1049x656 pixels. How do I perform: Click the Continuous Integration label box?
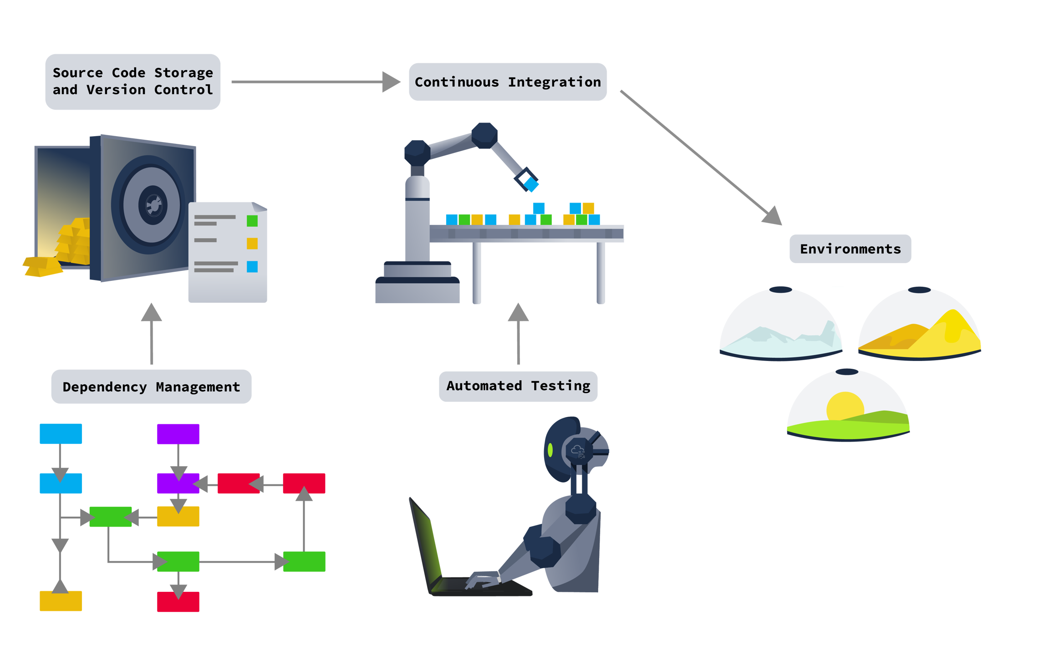(x=508, y=82)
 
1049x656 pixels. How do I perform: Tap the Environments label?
(x=850, y=249)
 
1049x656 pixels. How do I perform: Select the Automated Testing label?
(x=518, y=386)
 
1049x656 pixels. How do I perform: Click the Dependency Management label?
(x=151, y=386)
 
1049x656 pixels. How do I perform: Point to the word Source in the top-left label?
(x=77, y=73)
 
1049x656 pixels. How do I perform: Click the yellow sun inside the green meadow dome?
(x=845, y=405)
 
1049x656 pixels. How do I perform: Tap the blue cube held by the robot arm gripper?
(x=531, y=184)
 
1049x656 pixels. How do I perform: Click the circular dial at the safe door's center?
(x=153, y=205)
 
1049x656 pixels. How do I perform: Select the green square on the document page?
(x=252, y=221)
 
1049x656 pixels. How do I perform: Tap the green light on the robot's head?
(x=550, y=450)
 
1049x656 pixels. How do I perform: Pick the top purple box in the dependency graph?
(x=178, y=434)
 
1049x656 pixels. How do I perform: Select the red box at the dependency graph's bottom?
(x=178, y=601)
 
